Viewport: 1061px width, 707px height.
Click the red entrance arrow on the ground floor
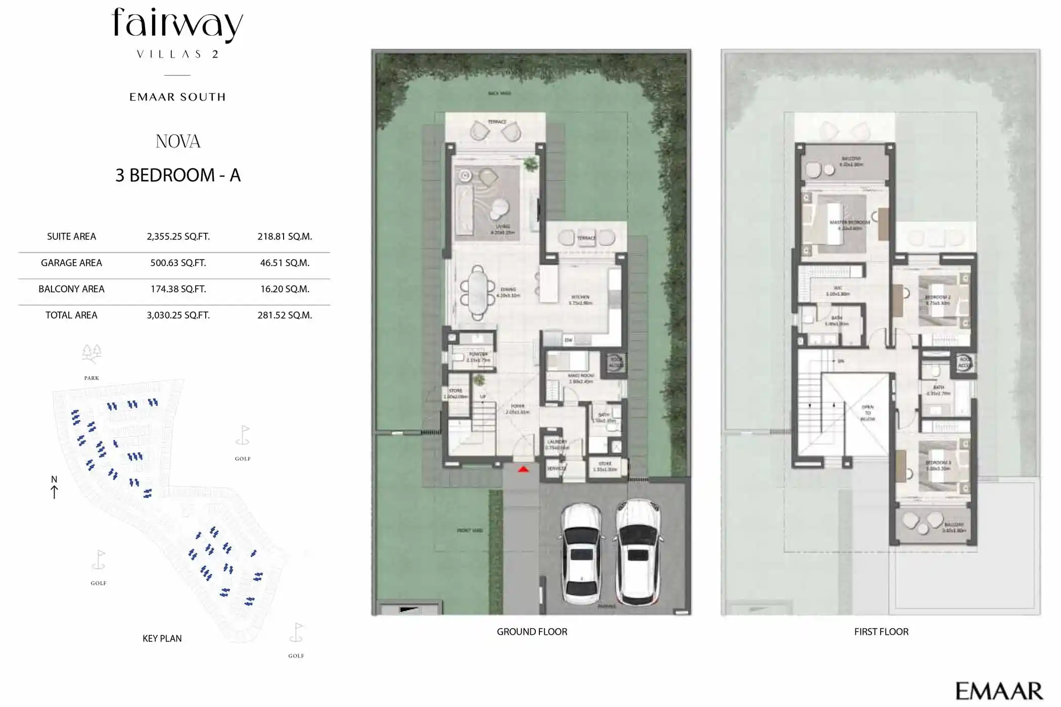523,470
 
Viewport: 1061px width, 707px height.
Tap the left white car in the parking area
581,553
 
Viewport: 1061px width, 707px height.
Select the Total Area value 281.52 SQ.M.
285,315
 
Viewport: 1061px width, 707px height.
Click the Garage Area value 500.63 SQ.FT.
178,263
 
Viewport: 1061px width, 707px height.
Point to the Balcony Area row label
71,289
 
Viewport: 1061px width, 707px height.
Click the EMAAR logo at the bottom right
999,691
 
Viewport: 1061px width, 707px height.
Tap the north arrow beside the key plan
54,487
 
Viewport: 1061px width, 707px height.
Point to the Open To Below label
867,413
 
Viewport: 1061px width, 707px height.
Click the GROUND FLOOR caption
532,632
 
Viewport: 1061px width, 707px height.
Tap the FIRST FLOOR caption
881,632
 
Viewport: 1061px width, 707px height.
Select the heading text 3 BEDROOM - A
178,175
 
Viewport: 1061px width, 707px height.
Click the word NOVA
178,141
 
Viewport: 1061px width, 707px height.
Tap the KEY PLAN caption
162,638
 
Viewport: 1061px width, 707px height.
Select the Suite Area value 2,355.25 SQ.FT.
178,236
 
